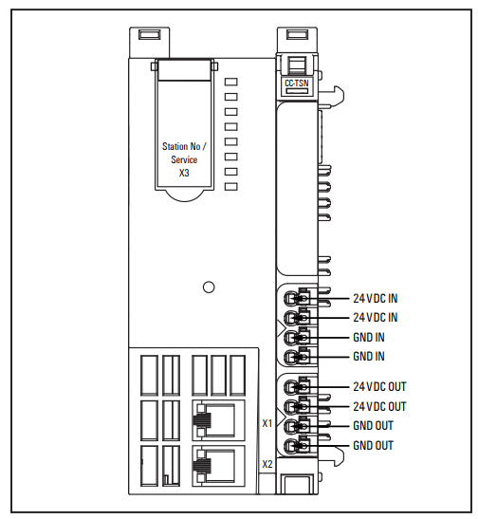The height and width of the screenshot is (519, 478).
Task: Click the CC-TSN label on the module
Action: (297, 83)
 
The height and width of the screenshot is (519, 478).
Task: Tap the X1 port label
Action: (267, 423)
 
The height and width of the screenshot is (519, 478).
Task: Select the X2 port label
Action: (267, 464)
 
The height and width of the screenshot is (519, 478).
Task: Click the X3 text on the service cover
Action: (184, 173)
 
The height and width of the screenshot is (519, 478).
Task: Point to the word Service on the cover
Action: (184, 159)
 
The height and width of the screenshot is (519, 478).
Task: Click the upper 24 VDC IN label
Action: (376, 298)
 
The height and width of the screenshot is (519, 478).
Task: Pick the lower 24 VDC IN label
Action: (376, 318)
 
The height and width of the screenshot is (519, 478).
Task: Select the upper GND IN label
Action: (369, 337)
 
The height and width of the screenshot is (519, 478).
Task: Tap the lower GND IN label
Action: (369, 356)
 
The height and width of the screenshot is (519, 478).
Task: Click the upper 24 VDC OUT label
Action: (379, 386)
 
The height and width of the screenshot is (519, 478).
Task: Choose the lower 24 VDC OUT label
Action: (379, 406)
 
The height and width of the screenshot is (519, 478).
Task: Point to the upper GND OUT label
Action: (373, 426)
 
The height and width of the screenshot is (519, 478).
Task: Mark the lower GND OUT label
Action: (373, 446)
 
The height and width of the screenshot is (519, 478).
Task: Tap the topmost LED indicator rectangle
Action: (230, 82)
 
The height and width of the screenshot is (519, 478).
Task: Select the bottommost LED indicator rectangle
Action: (230, 187)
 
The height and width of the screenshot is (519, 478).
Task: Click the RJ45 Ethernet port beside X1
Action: (218, 420)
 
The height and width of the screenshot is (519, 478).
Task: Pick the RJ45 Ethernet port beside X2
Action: (218, 466)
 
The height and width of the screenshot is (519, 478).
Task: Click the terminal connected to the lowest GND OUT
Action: (297, 446)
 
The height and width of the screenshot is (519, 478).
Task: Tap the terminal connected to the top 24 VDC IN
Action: (297, 298)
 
